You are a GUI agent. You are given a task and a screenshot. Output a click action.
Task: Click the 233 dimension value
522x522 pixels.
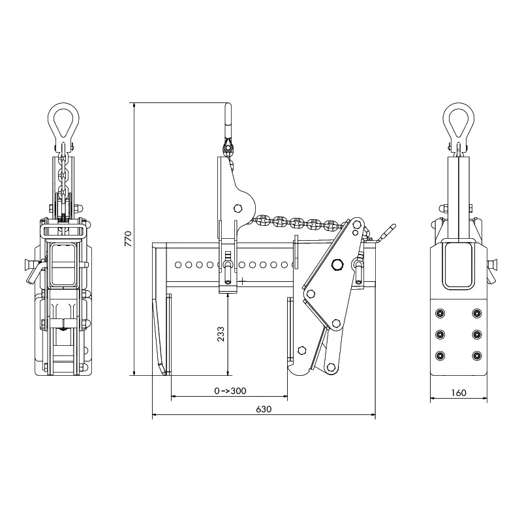221,333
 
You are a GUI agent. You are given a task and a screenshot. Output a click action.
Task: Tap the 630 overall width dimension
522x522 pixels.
263,409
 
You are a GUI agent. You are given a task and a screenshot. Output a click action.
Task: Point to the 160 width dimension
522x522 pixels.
459,393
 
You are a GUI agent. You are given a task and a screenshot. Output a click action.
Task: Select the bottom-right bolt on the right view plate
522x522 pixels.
476,356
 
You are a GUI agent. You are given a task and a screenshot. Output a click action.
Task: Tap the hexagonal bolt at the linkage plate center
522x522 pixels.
338,264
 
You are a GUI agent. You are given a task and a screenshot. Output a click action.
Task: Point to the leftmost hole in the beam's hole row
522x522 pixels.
176,266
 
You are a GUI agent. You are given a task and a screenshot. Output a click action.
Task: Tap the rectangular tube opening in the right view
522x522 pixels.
459,264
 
